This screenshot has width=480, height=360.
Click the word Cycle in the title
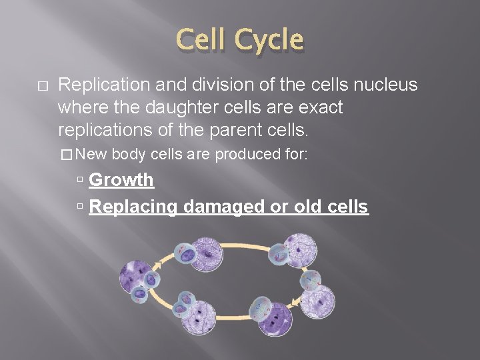[268, 41]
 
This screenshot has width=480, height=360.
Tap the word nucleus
[383, 85]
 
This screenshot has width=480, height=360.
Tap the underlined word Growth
[121, 180]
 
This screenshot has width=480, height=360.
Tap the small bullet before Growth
[79, 181]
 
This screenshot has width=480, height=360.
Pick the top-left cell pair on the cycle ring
[197, 254]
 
